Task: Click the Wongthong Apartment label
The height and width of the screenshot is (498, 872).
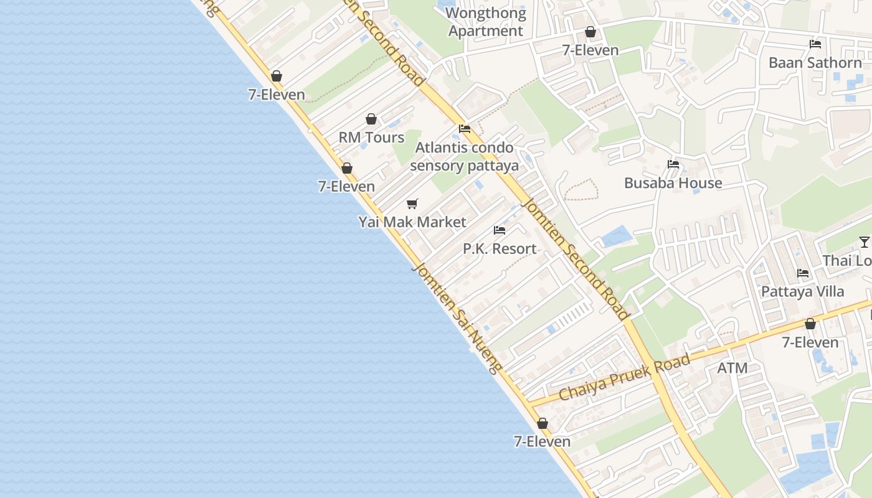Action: tap(486, 22)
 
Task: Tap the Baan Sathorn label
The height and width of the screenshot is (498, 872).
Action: tap(815, 63)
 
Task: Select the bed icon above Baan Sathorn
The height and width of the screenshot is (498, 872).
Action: tap(815, 44)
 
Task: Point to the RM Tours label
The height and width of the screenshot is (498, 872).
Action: tap(371, 138)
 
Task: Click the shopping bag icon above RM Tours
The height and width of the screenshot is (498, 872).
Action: tap(371, 119)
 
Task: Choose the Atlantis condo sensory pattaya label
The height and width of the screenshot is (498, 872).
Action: tap(465, 157)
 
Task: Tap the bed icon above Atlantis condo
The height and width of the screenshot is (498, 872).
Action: tap(465, 129)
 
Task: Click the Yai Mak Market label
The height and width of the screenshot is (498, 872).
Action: tap(412, 222)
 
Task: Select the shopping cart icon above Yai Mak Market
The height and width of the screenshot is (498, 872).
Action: tap(412, 204)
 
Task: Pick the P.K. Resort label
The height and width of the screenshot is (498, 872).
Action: tap(500, 249)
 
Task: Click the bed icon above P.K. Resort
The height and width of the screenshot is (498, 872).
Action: tap(500, 230)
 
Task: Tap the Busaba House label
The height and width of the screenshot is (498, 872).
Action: tap(673, 183)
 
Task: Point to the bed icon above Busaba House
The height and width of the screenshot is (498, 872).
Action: tap(673, 165)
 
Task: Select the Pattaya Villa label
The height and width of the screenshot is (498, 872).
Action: tap(803, 291)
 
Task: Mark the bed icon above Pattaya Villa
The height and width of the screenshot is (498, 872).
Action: tap(803, 273)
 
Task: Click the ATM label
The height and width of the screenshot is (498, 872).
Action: tap(732, 368)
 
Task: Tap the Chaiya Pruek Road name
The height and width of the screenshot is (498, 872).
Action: tap(625, 377)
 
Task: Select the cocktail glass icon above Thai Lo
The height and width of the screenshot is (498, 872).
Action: tap(865, 242)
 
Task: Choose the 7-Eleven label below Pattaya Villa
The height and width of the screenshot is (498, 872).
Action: tap(810, 342)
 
